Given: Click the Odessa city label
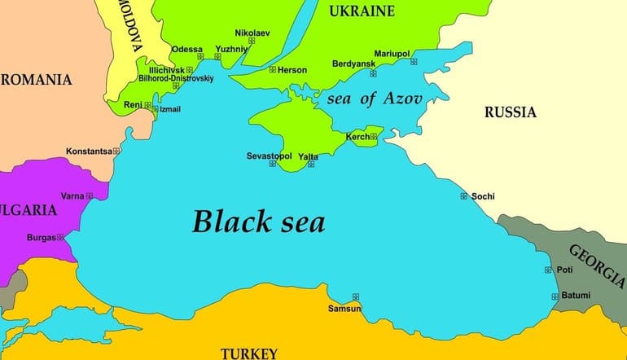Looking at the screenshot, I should [186, 49].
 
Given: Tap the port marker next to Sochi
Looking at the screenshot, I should [464, 195].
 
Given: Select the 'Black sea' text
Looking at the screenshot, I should [258, 221].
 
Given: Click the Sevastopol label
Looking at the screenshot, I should [269, 155].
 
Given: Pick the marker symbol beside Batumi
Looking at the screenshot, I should [555, 296].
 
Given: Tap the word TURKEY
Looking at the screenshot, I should [249, 353].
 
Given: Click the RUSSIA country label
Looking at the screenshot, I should [511, 112].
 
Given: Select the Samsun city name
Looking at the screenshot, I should [344, 309].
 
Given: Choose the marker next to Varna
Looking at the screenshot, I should [90, 195].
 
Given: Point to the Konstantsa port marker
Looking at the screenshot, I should [116, 151].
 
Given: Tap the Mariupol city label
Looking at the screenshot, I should [392, 54].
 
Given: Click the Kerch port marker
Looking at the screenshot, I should [374, 137].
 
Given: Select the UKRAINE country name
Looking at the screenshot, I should [362, 11].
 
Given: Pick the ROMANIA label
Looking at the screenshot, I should [36, 80].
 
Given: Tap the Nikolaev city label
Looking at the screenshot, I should [251, 32].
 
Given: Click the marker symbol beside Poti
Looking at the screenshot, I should [548, 270].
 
